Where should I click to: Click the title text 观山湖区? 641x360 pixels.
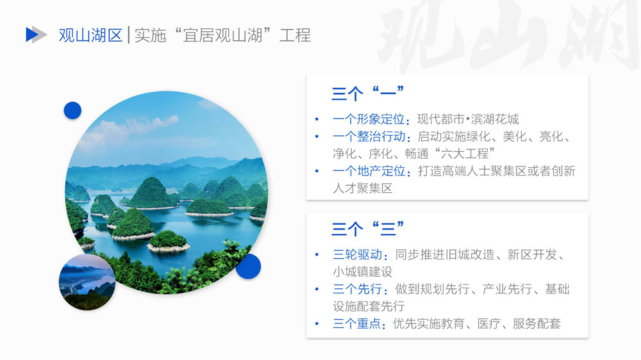tap(90, 35)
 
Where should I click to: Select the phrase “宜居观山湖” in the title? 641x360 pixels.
tap(222, 35)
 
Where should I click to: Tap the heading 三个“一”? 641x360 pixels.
tap(367, 93)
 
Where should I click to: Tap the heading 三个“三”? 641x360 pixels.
tap(367, 229)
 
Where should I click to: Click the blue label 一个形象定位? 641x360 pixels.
tap(369, 119)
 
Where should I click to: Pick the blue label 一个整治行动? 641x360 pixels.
tap(369, 136)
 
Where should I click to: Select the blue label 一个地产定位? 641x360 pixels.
tap(369, 171)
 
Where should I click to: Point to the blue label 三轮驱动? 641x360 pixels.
tap(357, 254)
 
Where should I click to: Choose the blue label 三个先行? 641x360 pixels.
tap(357, 289)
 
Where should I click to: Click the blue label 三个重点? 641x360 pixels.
tap(357, 323)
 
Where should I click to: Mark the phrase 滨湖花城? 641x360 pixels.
tap(495, 119)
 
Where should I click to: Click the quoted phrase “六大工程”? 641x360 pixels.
tap(465, 154)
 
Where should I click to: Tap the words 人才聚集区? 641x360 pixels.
tap(363, 188)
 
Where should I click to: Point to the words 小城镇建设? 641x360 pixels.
tap(363, 272)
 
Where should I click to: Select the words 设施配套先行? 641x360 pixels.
tap(369, 306)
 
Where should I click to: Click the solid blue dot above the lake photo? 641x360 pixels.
tap(72, 110)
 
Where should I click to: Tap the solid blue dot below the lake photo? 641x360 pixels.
tap(248, 266)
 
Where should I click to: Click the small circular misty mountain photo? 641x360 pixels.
tap(87, 282)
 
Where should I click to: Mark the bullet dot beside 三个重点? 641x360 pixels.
tap(317, 323)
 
